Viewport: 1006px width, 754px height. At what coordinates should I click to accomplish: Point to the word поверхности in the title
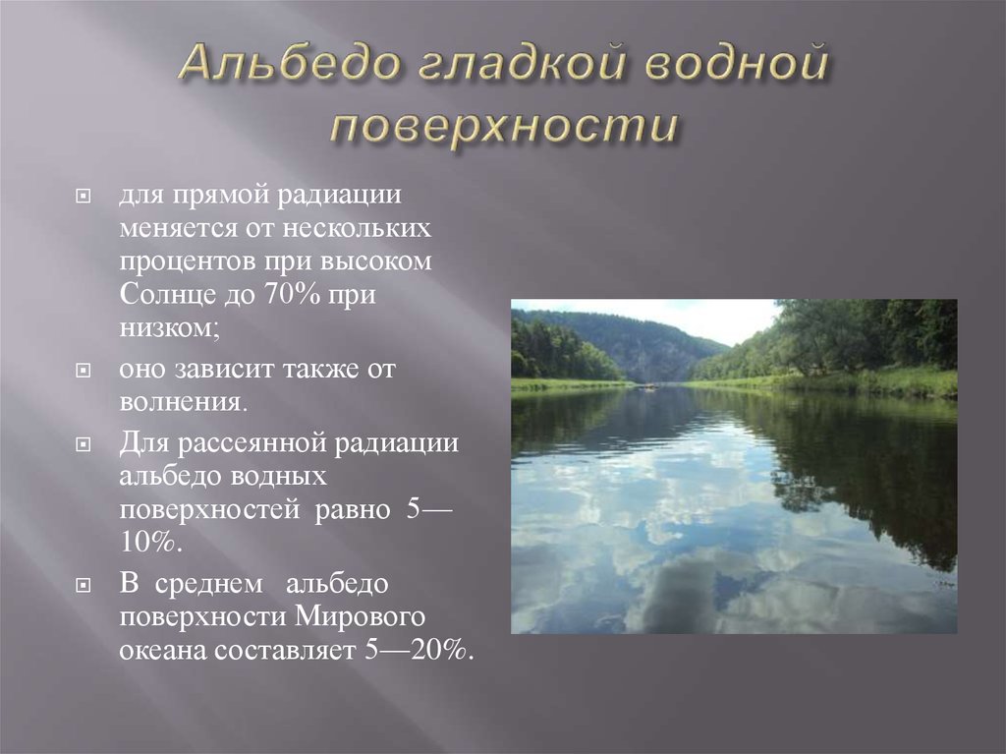pos(503,126)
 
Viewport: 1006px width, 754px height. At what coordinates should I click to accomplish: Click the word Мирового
pos(372,617)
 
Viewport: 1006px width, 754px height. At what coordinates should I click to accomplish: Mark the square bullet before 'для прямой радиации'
pos(85,196)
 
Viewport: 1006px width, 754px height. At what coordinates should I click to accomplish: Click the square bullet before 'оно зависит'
pos(85,372)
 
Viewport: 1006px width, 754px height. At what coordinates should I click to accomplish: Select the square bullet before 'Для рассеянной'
pos(85,443)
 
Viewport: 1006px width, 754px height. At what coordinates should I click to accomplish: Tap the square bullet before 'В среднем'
pos(85,585)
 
